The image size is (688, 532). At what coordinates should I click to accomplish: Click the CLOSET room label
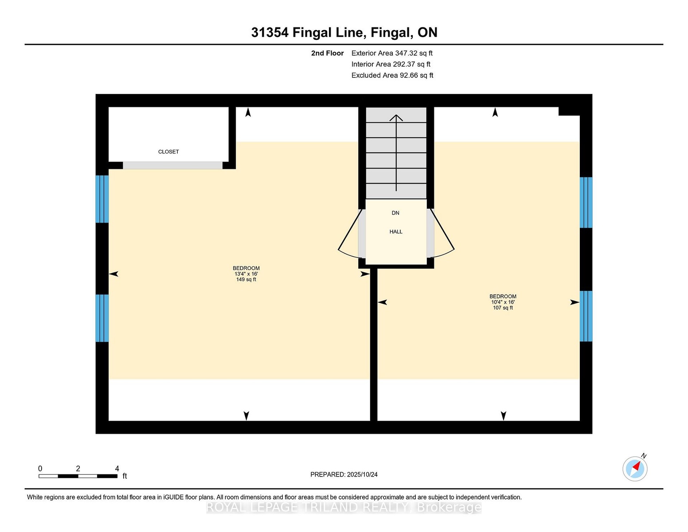(x=168, y=152)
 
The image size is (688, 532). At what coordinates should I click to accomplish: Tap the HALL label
(x=396, y=232)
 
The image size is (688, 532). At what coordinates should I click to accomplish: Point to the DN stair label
(x=395, y=213)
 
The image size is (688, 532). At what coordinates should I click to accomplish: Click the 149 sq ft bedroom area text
(x=246, y=279)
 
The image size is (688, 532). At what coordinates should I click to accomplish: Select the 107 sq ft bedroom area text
(x=503, y=308)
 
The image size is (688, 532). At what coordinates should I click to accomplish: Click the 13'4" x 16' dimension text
(x=246, y=274)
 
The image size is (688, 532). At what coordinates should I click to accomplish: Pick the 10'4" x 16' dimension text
(x=503, y=302)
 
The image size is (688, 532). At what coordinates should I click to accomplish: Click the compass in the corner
(x=635, y=469)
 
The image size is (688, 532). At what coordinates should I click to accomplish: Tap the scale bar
(x=78, y=476)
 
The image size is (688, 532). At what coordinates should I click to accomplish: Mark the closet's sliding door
(x=173, y=165)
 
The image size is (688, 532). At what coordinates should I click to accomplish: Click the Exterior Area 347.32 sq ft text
(x=392, y=53)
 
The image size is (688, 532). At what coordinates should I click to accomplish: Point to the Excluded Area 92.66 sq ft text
(x=392, y=75)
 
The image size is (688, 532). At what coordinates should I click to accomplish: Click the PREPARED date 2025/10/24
(x=344, y=474)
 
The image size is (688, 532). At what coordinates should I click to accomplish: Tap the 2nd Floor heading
(x=328, y=53)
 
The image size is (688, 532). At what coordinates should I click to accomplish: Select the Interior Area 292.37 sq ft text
(x=391, y=64)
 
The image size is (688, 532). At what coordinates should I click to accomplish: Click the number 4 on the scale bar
(x=117, y=469)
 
